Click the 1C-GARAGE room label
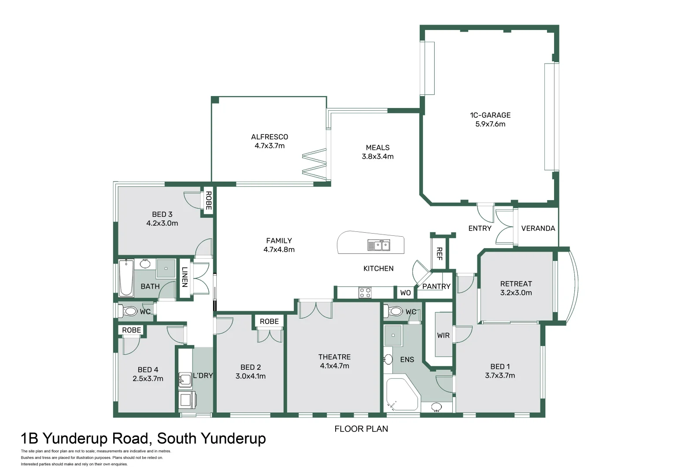tap(490, 115)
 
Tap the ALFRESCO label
tap(270, 137)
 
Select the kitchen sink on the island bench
tap(379, 245)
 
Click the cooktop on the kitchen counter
tap(365, 293)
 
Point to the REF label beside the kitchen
tap(439, 253)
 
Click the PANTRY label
tap(436, 286)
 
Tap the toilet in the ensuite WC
tap(395, 311)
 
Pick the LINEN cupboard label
tap(185, 277)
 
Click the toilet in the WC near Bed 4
tap(129, 311)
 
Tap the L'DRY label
tap(203, 376)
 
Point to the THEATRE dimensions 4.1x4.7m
tap(334, 366)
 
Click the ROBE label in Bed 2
tap(269, 322)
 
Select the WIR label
tap(443, 335)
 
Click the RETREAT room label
tap(516, 284)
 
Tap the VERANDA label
tap(538, 228)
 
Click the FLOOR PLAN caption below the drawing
tap(361, 429)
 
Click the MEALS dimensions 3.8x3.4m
tap(377, 156)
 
